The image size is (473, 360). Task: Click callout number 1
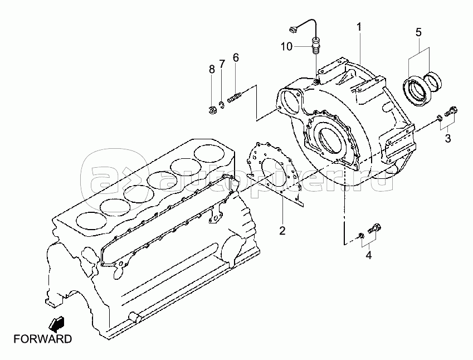click(x=359, y=27)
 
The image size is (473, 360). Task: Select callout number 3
click(x=447, y=139)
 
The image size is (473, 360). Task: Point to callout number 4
click(x=368, y=255)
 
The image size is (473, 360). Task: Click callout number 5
click(x=418, y=32)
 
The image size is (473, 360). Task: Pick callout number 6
click(x=236, y=57)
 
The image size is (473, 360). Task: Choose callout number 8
click(x=212, y=69)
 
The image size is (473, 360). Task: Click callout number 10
click(x=286, y=47)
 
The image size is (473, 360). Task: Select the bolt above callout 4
click(x=376, y=228)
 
